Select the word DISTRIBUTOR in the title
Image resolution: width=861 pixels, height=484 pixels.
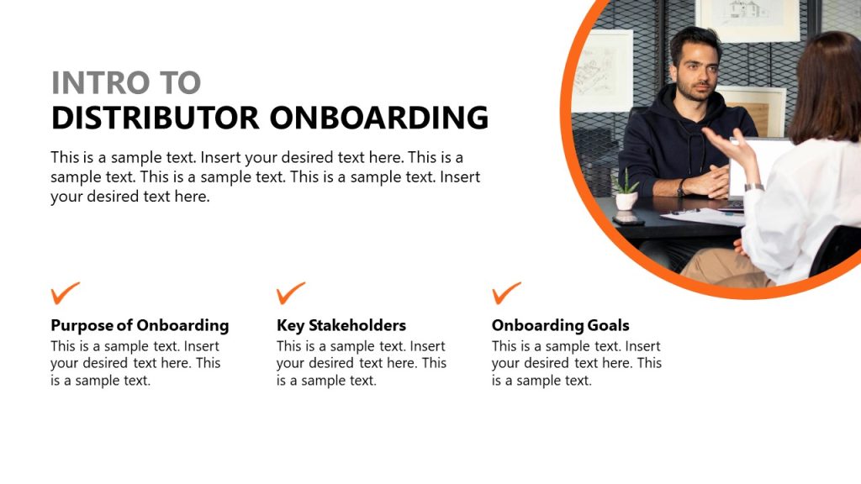(x=155, y=118)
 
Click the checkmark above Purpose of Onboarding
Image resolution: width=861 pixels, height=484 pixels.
(x=65, y=293)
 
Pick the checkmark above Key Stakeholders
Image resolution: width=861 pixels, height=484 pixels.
(x=290, y=293)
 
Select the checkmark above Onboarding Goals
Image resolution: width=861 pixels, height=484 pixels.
(x=506, y=293)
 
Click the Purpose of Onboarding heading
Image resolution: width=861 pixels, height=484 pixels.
(x=140, y=325)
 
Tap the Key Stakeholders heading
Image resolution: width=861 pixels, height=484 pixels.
(x=341, y=325)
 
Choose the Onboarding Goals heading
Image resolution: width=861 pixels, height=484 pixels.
(x=560, y=325)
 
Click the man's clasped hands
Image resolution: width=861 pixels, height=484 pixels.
(x=705, y=181)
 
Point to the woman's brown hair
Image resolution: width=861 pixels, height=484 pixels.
(x=828, y=84)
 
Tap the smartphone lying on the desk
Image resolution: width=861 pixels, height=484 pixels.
(x=628, y=220)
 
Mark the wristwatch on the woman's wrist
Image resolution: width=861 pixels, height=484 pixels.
(x=753, y=187)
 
